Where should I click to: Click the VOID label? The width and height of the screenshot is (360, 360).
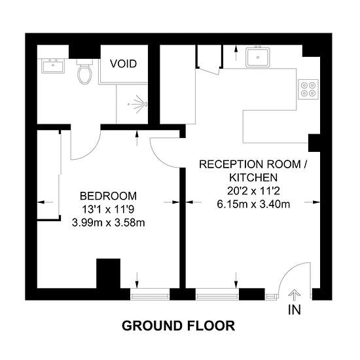pyautogui.click(x=122, y=63)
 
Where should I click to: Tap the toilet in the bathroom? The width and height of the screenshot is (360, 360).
pyautogui.click(x=84, y=73)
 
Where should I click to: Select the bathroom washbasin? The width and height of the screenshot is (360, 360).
pyautogui.click(x=52, y=66)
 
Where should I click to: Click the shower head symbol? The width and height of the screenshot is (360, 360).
pyautogui.click(x=138, y=103)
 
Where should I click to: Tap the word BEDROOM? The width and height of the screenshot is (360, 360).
pyautogui.click(x=108, y=196)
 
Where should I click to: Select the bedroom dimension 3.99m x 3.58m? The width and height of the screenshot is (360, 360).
pyautogui.click(x=108, y=222)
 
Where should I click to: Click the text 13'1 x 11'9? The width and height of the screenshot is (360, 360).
pyautogui.click(x=108, y=209)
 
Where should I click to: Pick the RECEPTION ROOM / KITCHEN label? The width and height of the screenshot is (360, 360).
pyautogui.click(x=253, y=170)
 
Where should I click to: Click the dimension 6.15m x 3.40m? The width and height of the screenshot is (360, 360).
pyautogui.click(x=253, y=204)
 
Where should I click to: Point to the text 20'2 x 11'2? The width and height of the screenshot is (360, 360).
pyautogui.click(x=253, y=190)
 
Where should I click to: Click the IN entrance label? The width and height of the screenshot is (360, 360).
pyautogui.click(x=294, y=310)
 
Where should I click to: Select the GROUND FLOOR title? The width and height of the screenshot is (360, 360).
pyautogui.click(x=178, y=325)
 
